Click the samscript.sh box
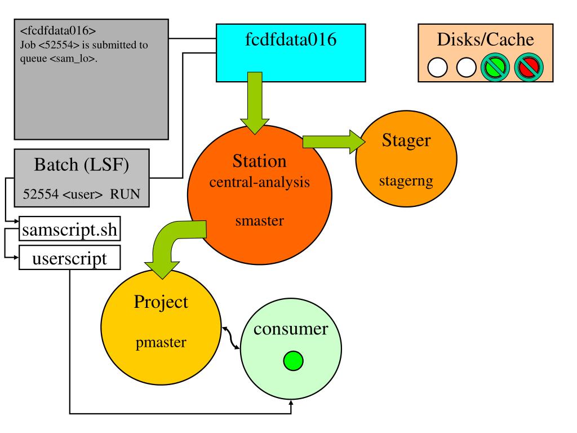click(x=69, y=229)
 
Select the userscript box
click(x=69, y=258)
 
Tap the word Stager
click(x=406, y=140)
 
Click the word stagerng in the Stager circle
click(x=406, y=181)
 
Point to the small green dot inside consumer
click(x=293, y=360)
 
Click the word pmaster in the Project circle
click(x=161, y=343)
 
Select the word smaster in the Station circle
click(x=259, y=221)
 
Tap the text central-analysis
click(x=259, y=182)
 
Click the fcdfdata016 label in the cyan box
click(x=291, y=39)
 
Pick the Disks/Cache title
click(x=485, y=39)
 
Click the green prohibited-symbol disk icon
click(x=495, y=68)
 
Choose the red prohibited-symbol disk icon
click(x=529, y=68)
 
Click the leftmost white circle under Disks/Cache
click(x=437, y=68)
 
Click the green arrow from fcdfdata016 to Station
click(x=255, y=103)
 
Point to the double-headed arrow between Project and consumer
click(x=230, y=337)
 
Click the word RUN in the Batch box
click(x=125, y=194)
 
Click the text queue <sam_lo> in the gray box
click(x=59, y=59)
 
